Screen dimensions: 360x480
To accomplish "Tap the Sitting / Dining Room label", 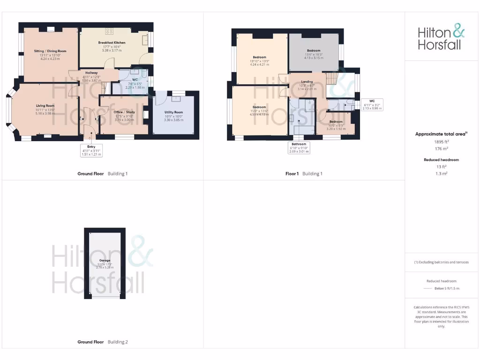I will pyautogui.click(x=50, y=51).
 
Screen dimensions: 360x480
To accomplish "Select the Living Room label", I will pyautogui.click(x=45, y=106).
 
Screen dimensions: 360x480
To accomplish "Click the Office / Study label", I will pyautogui.click(x=124, y=112).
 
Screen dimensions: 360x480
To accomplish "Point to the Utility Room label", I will pyautogui.click(x=173, y=112).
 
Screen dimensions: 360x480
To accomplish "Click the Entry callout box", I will pyautogui.click(x=91, y=150).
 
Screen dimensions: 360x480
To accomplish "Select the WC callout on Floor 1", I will pyautogui.click(x=372, y=104).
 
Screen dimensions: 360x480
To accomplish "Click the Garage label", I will pyautogui.click(x=105, y=260).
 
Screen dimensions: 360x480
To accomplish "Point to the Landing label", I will pyautogui.click(x=307, y=82).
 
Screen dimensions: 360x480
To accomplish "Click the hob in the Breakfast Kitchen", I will pyautogui.click(x=109, y=31).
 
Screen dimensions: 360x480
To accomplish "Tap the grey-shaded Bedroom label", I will pyautogui.click(x=314, y=51).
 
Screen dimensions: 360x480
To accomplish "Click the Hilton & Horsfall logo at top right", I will pyautogui.click(x=441, y=38).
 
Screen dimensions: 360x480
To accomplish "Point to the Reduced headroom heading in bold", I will pyautogui.click(x=441, y=160).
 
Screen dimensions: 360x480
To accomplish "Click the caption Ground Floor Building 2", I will pyautogui.click(x=102, y=342).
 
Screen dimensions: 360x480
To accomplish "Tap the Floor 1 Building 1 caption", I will pyautogui.click(x=304, y=174).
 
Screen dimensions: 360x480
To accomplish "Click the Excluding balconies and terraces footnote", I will pyautogui.click(x=441, y=262).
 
